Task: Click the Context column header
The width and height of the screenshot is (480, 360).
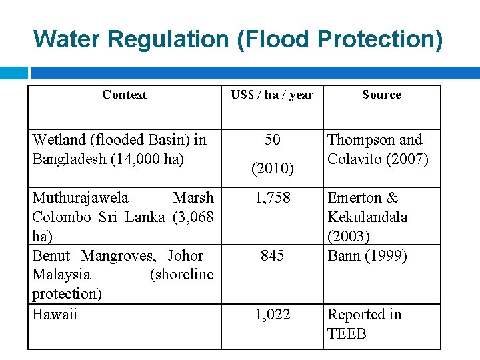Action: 125,95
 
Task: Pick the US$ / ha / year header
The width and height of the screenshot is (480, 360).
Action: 272,95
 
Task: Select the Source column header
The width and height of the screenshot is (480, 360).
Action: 381,95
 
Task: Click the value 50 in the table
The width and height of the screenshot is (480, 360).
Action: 272,140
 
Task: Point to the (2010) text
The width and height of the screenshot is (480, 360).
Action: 272,169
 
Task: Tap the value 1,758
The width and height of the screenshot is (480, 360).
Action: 272,198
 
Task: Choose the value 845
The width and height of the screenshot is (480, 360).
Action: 272,255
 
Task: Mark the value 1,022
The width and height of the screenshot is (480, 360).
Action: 272,314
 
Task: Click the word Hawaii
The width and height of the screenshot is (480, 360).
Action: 55,314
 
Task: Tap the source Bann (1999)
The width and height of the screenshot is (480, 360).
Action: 367,255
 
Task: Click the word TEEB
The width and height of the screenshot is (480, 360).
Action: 347,333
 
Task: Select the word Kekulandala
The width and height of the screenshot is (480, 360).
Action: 367,217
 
